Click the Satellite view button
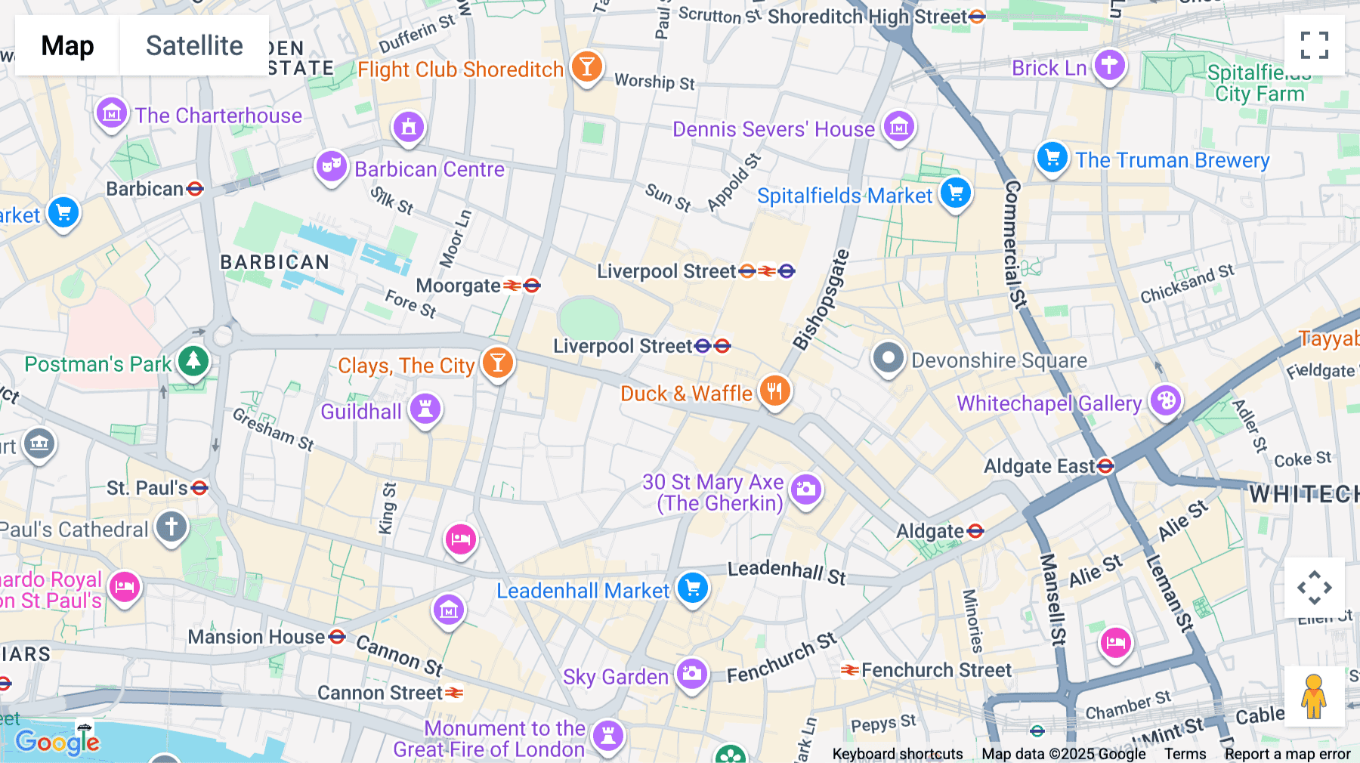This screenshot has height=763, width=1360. [x=194, y=45]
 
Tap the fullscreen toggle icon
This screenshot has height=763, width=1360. [x=1314, y=45]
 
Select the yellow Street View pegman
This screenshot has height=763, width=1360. [x=1314, y=696]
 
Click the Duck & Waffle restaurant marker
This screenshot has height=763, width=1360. [x=774, y=391]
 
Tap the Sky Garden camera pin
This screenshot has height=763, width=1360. [x=691, y=674]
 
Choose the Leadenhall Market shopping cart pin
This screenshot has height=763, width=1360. [x=692, y=588]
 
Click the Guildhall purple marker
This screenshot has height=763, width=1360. [x=425, y=409]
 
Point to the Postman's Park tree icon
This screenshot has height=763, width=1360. [x=193, y=361]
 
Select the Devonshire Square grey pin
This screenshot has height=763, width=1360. [x=888, y=358]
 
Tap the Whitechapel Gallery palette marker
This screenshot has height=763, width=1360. [x=1166, y=400]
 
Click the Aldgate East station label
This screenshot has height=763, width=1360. [x=1040, y=466]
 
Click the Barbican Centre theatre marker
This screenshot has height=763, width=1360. [x=331, y=165]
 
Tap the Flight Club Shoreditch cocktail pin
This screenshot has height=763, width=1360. [x=586, y=66]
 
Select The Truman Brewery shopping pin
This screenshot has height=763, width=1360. [x=1052, y=158]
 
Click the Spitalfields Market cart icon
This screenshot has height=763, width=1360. [x=955, y=193]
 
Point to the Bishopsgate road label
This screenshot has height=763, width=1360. [x=821, y=300]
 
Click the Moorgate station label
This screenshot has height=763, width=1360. [x=459, y=286]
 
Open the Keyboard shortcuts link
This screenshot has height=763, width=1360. [x=897, y=753]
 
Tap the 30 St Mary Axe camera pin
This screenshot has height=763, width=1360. [x=806, y=490]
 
